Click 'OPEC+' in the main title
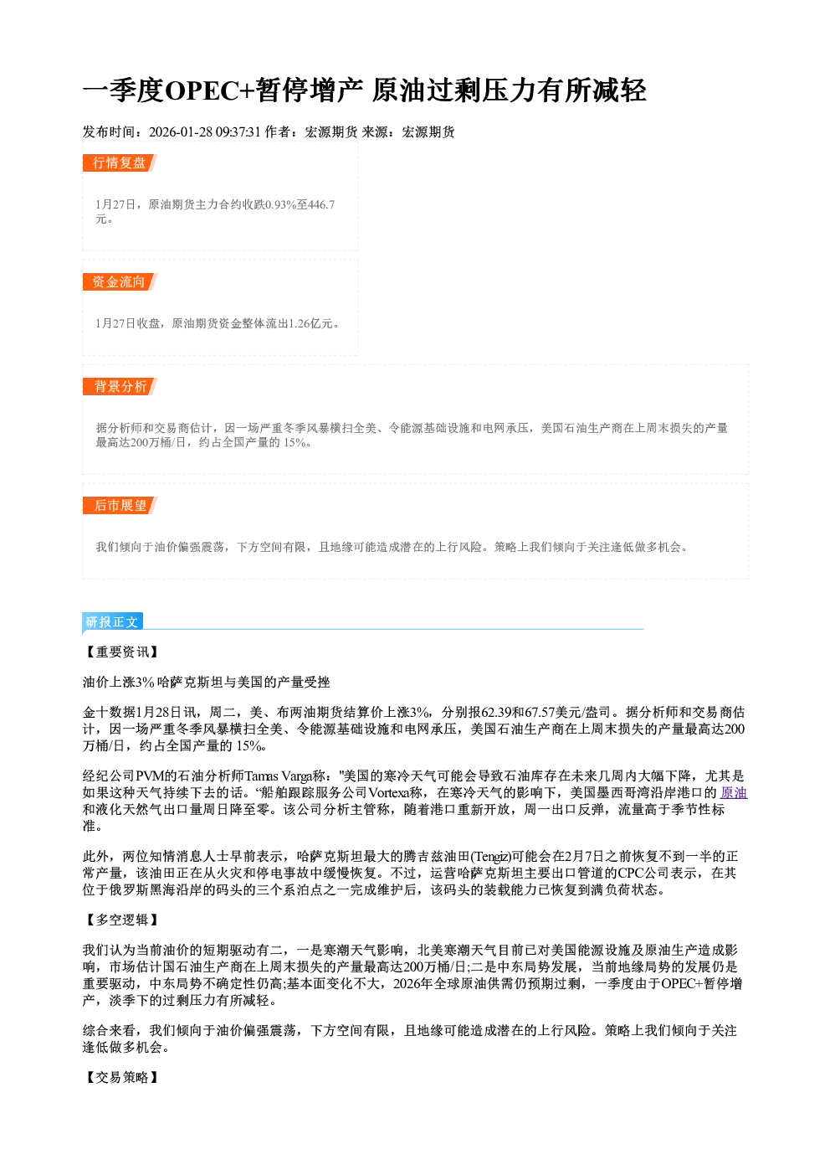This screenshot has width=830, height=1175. point(209,90)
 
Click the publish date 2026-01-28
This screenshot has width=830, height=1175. point(181,131)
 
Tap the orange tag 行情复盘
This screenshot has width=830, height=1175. point(120,162)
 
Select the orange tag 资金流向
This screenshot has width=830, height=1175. point(120,281)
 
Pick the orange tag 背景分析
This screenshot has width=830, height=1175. point(120,386)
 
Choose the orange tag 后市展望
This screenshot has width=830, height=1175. point(120,505)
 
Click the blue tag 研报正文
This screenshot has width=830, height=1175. point(112,622)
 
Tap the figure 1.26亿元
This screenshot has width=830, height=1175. point(310,323)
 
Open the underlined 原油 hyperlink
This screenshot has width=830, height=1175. point(734,792)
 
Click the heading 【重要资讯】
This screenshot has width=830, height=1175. point(121,652)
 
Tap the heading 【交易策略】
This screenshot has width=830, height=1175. point(121,1078)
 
